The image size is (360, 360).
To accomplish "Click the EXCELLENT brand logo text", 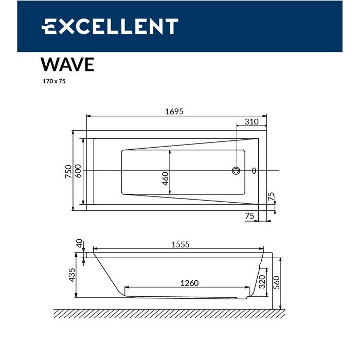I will pos(110,26).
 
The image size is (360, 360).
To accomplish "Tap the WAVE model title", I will pos(67,64).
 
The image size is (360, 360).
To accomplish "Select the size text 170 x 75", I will pos(53,81).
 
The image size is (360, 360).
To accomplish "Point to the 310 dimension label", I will pos(251,122).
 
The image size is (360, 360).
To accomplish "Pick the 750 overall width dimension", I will pos(68,171).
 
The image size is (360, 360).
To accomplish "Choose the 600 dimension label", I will pos(78,171).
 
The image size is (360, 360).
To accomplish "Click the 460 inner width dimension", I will pos(165,178).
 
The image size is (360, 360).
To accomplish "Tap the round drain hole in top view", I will pos(237,171).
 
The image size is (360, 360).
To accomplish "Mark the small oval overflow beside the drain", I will pos(254,171).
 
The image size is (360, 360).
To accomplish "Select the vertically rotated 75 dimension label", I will pos(271,197).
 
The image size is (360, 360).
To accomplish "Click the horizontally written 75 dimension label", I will pos(249,216).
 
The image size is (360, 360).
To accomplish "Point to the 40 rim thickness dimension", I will pos(79,243).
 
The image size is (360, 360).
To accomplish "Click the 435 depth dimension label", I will pos(72,275).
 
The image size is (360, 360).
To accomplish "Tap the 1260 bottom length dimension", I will pos(189,283).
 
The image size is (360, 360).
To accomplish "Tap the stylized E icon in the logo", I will pos(49,26).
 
